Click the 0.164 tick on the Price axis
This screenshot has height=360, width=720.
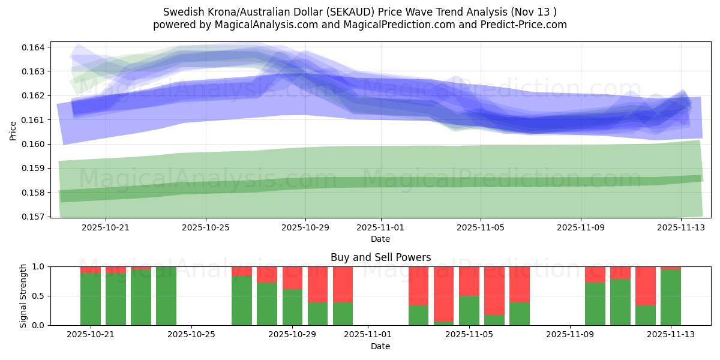(35, 47)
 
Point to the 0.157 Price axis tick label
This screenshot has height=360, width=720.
(35, 217)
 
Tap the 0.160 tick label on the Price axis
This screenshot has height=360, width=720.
(35, 144)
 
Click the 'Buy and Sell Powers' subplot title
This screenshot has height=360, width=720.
(380, 257)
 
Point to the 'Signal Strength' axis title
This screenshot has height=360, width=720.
(23, 296)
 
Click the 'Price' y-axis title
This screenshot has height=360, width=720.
(13, 130)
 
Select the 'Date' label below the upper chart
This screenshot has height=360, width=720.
(380, 239)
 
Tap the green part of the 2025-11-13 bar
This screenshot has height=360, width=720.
(671, 297)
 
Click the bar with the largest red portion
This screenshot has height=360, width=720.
(444, 294)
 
